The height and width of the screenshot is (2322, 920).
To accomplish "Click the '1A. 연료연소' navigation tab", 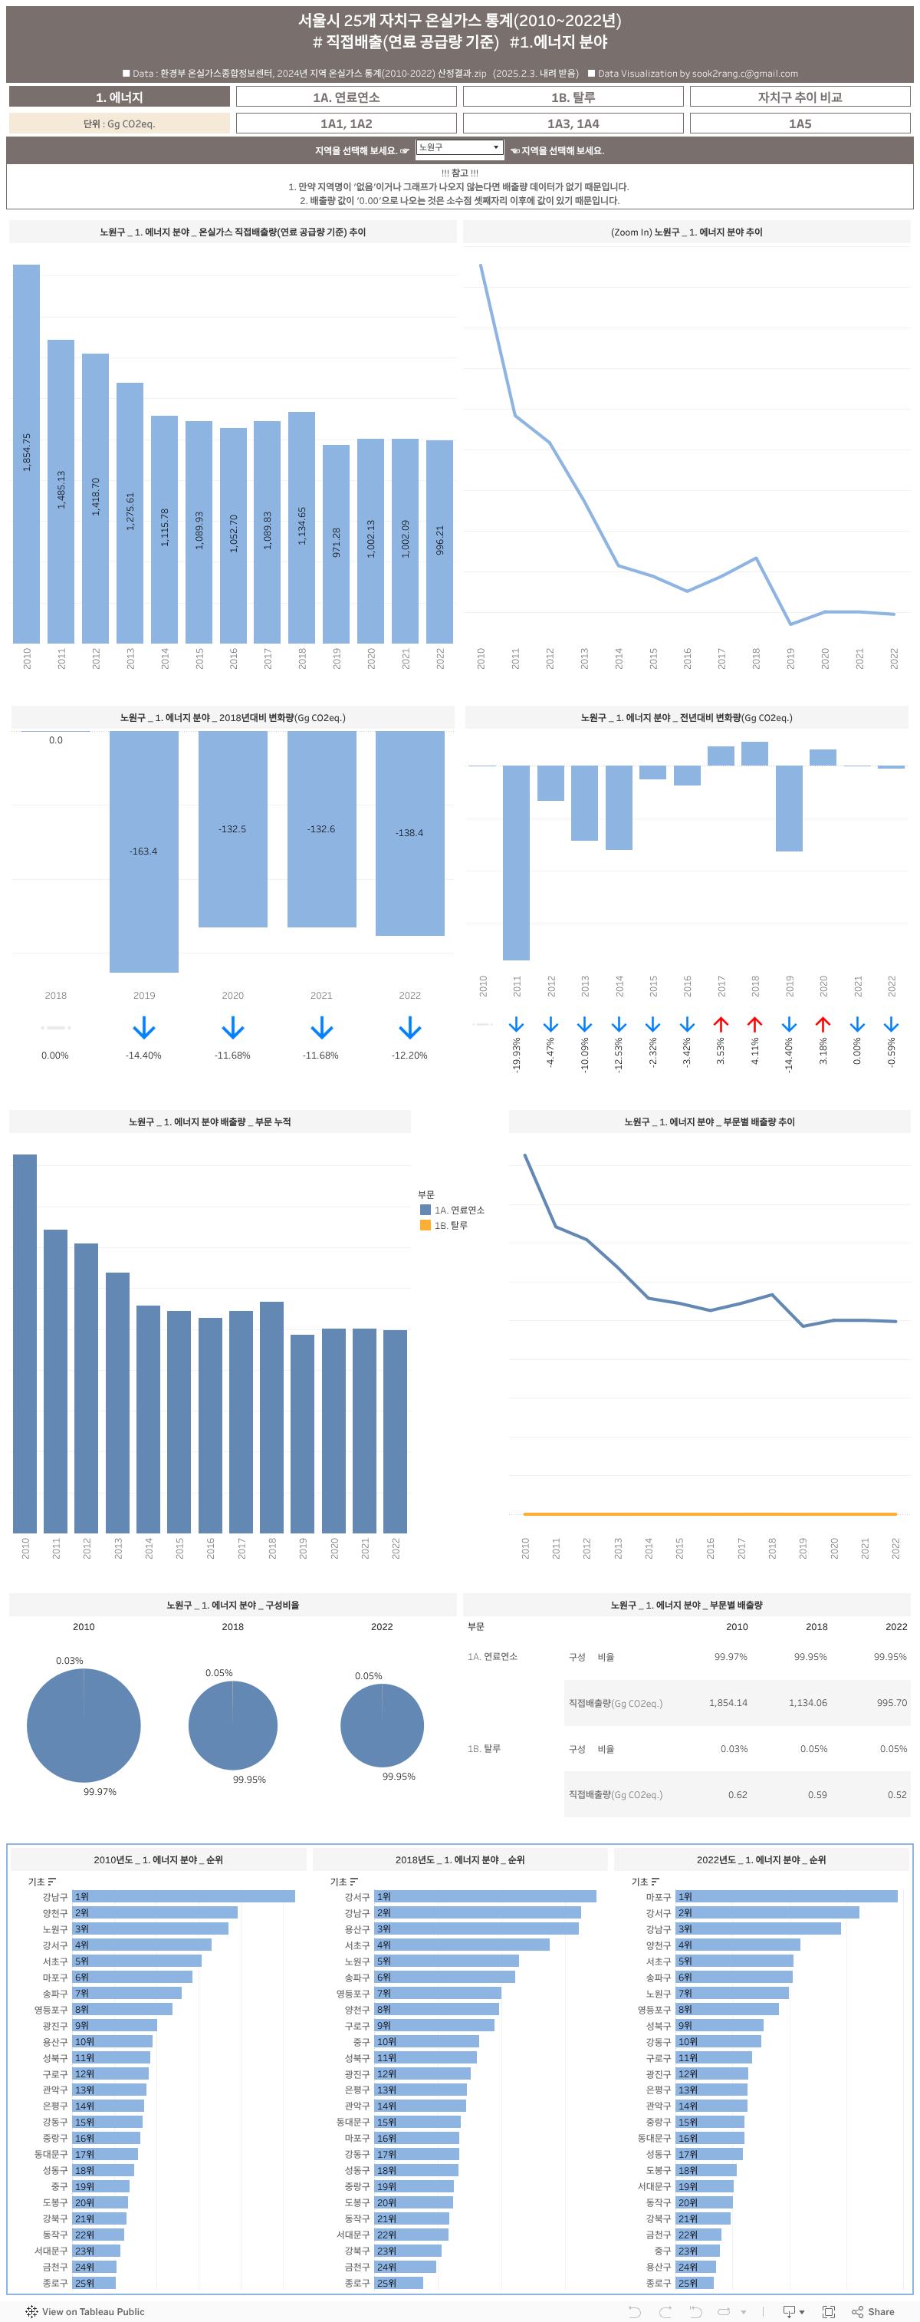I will coord(346,97).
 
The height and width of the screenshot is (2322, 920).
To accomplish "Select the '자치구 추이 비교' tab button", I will coord(800,97).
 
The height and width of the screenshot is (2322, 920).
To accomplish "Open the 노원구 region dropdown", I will coord(458,148).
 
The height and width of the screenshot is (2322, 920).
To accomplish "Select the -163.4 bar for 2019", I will coord(144,850).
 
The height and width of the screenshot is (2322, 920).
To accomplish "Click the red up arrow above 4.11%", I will coord(755,1025).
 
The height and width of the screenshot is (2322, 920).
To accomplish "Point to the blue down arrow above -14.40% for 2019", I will coord(144,1028).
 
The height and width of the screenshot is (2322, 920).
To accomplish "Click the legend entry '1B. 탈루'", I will coord(451,1226).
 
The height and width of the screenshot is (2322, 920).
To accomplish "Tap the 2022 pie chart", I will coord(382,1725).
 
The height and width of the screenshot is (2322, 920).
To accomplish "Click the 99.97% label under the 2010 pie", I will coord(100,1791).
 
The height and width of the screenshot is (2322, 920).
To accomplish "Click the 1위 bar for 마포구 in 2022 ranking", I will coord(787,1896).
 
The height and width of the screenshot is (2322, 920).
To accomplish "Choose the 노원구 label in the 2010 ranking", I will coord(55,1929).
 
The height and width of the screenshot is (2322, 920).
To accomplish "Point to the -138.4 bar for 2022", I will coord(410,832).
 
